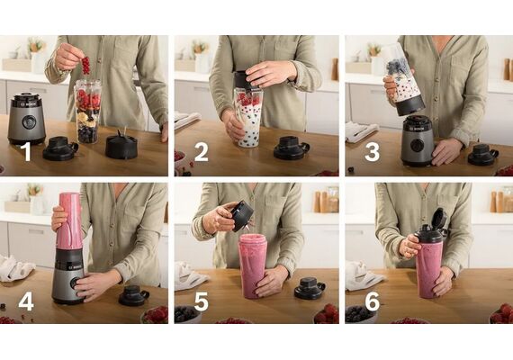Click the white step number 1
pos(26,151)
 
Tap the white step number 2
pos(201,151)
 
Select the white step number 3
pos(372,151)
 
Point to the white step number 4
pos(26,301)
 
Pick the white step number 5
pos(202,301)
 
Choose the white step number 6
pos(373,301)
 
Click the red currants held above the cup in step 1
pos(85,65)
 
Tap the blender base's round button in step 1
pos(29,122)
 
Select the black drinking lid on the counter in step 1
pos(60,148)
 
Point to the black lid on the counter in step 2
pos(292,148)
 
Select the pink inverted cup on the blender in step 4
pos(69,220)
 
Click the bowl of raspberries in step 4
pos(155,315)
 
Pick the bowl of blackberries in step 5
pos(187,314)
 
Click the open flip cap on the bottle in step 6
pos(439,220)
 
